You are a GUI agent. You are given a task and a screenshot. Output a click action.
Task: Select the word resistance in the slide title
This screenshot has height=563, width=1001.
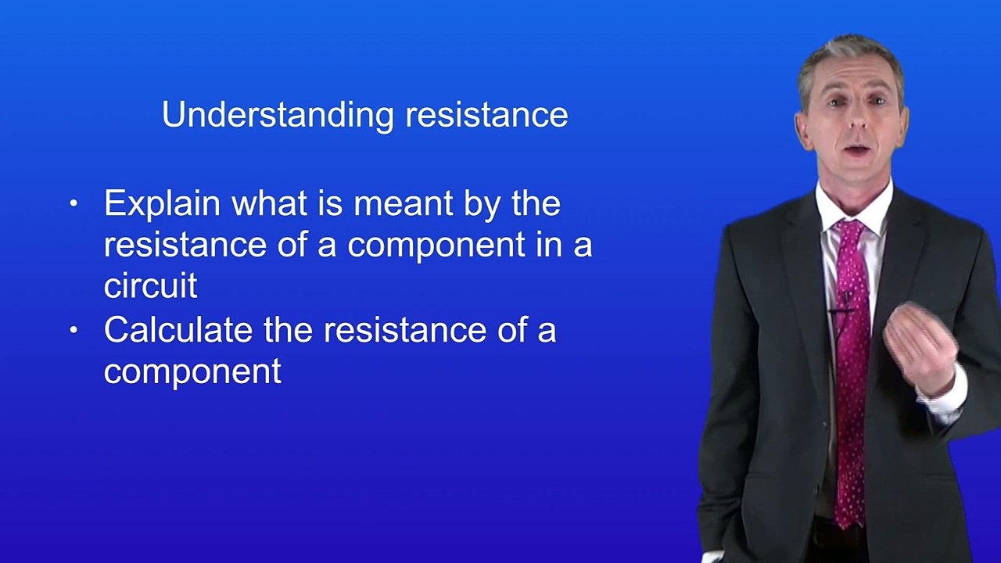(486, 115)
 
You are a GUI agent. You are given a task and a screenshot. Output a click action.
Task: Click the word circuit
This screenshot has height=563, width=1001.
(150, 285)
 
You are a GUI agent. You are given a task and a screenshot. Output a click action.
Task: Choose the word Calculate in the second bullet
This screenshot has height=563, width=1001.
(178, 330)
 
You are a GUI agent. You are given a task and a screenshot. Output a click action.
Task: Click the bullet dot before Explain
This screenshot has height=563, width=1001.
(74, 204)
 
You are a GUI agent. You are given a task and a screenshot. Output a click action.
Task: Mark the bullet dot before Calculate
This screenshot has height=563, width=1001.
(74, 330)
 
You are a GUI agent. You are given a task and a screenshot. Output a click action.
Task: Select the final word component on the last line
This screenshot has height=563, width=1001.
(192, 371)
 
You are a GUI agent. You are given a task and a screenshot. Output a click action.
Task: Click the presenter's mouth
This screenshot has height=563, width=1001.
(857, 150)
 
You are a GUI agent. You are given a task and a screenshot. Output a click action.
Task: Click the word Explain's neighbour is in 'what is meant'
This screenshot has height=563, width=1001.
(329, 204)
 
